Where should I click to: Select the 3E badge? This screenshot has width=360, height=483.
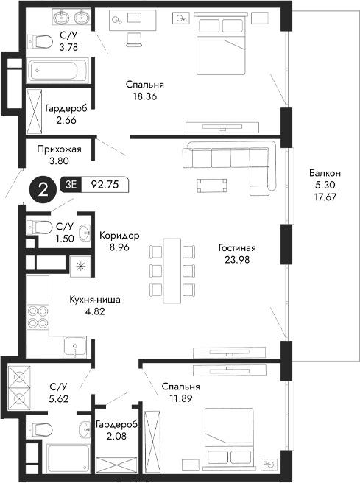(72, 186)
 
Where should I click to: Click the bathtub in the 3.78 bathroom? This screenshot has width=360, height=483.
(58, 71)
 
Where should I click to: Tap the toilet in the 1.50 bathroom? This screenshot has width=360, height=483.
(39, 226)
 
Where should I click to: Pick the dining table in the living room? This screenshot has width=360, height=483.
(172, 269)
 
